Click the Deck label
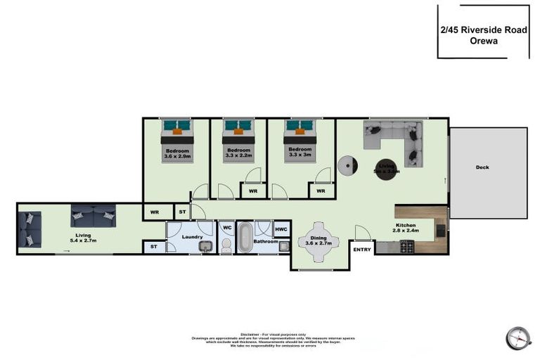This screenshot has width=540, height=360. point(482,167)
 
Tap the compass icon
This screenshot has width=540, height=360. point(517,337)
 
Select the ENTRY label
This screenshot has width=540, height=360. point(362,249)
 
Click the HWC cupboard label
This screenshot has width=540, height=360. point(281,229)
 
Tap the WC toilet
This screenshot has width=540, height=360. point(226,244)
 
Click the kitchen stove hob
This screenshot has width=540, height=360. point(406,247)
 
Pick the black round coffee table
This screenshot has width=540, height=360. point(386,169)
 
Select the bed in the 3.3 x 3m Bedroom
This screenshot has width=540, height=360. point(299,141)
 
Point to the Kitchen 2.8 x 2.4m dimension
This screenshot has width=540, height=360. point(405,231)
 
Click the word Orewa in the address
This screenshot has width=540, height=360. point(483,41)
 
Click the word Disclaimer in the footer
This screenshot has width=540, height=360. point(250,334)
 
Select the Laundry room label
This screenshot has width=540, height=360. point(192,237)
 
